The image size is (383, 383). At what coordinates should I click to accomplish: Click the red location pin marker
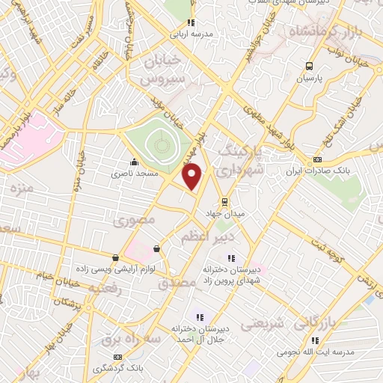tap(193, 177)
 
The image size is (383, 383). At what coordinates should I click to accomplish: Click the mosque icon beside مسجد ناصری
tap(135, 162)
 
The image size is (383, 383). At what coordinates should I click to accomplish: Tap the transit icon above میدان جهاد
tap(224, 202)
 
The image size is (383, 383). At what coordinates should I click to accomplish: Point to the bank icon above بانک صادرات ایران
tap(318, 159)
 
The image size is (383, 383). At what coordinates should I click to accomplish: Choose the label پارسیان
tap(311, 78)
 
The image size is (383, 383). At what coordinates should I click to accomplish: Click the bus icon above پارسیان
tap(310, 66)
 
